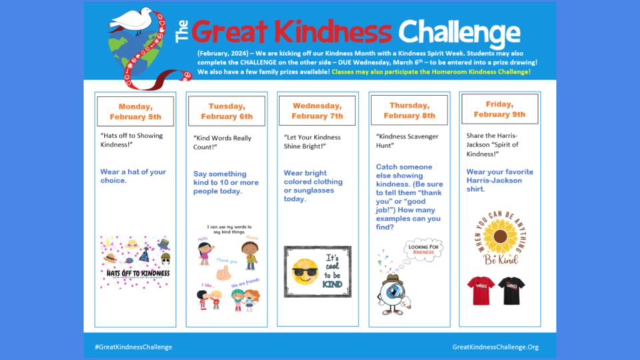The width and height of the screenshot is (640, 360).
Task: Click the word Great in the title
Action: [x=233, y=31]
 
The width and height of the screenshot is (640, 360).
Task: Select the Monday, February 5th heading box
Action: [x=135, y=111]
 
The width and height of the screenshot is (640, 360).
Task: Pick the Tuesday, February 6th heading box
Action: [x=227, y=111]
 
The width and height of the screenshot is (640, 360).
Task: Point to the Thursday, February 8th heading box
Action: [x=409, y=110]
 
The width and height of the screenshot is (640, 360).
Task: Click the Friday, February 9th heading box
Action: [x=499, y=109]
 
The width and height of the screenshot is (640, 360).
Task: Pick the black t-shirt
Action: [x=511, y=290]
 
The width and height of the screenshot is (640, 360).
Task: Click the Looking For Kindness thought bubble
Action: [x=423, y=249]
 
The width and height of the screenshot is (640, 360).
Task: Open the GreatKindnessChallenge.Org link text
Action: [x=495, y=347]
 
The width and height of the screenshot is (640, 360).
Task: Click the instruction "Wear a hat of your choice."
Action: [x=133, y=176]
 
